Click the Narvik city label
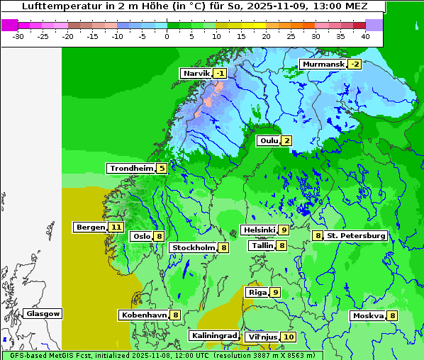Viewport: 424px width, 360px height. point(196,73)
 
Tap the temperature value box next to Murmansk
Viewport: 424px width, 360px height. point(355,64)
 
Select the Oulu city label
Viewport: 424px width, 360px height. point(269,140)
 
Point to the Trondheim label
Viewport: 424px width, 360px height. point(131,168)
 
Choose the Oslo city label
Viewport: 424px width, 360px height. point(142,236)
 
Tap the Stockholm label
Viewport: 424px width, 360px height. point(193,247)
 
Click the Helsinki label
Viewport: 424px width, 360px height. point(259,230)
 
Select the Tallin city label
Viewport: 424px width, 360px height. point(262,245)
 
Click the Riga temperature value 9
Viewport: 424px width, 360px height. point(275,292)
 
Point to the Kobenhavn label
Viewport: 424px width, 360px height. point(143,314)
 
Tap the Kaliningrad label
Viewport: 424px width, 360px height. point(213,335)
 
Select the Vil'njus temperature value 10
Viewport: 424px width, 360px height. point(288,337)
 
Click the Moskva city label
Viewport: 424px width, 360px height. point(368,315)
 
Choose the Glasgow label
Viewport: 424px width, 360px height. point(43,313)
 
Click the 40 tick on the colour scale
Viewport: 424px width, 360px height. point(365,35)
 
